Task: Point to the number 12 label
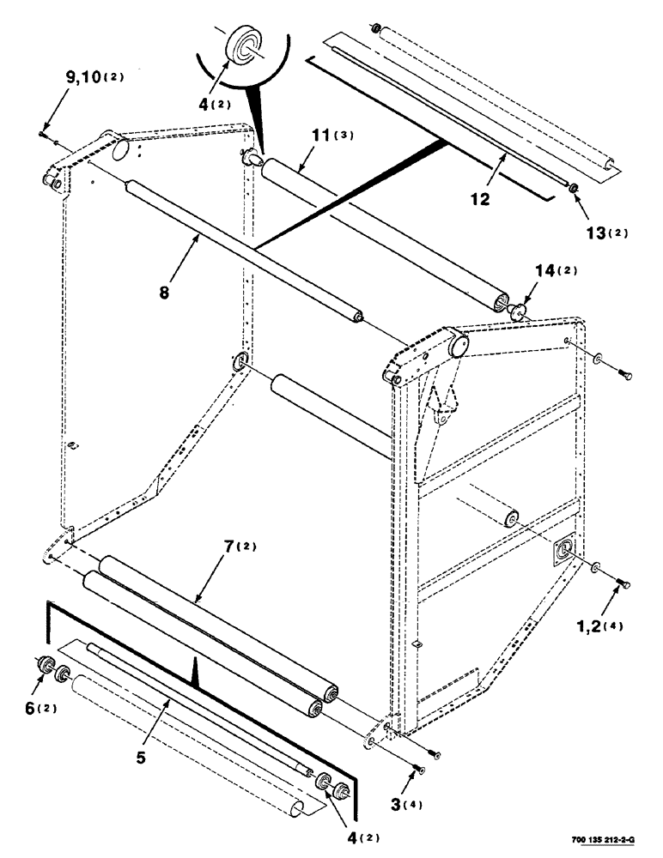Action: coord(479,198)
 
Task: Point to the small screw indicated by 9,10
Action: coord(42,133)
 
